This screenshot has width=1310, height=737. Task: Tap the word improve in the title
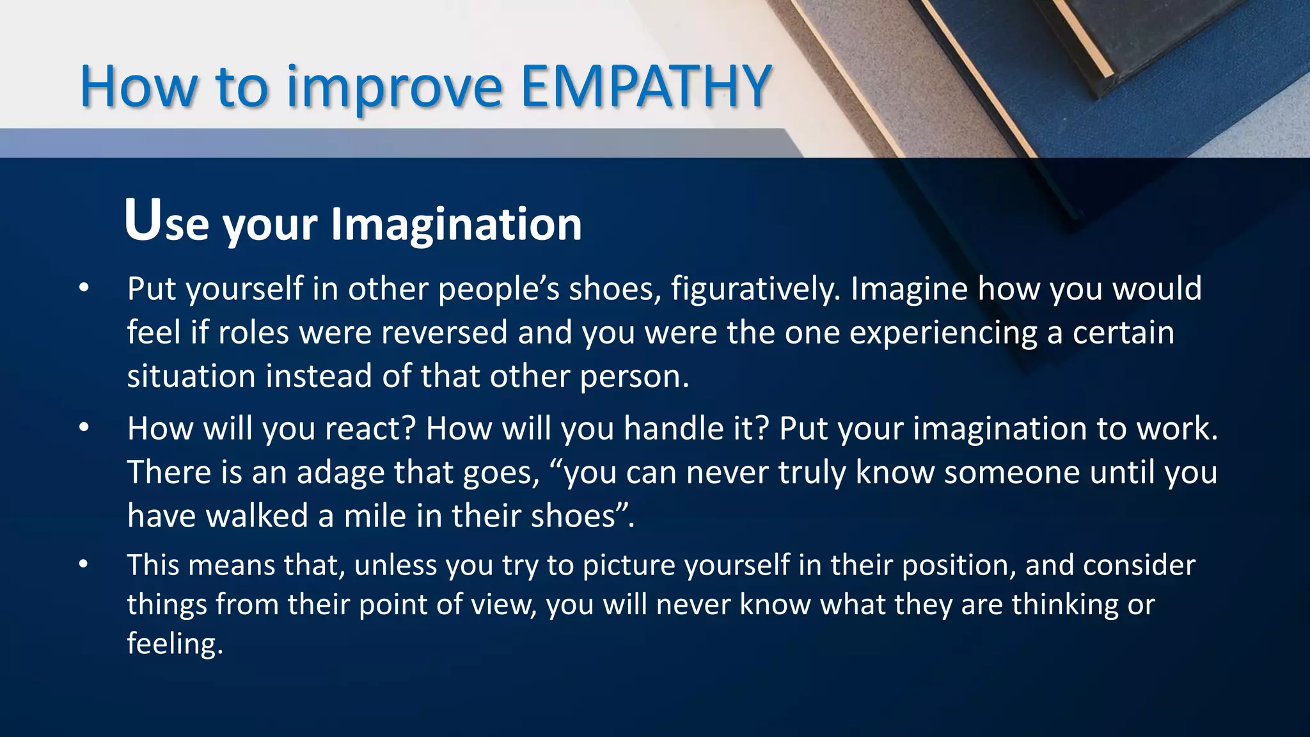394,88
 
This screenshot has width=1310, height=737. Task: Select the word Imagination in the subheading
456,225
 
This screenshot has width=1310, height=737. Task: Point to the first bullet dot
84,289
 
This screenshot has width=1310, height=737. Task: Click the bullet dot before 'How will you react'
84,429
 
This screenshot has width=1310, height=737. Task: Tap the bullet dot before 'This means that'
84,566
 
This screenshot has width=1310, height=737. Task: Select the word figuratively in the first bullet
755,289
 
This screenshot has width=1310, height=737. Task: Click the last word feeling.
175,644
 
